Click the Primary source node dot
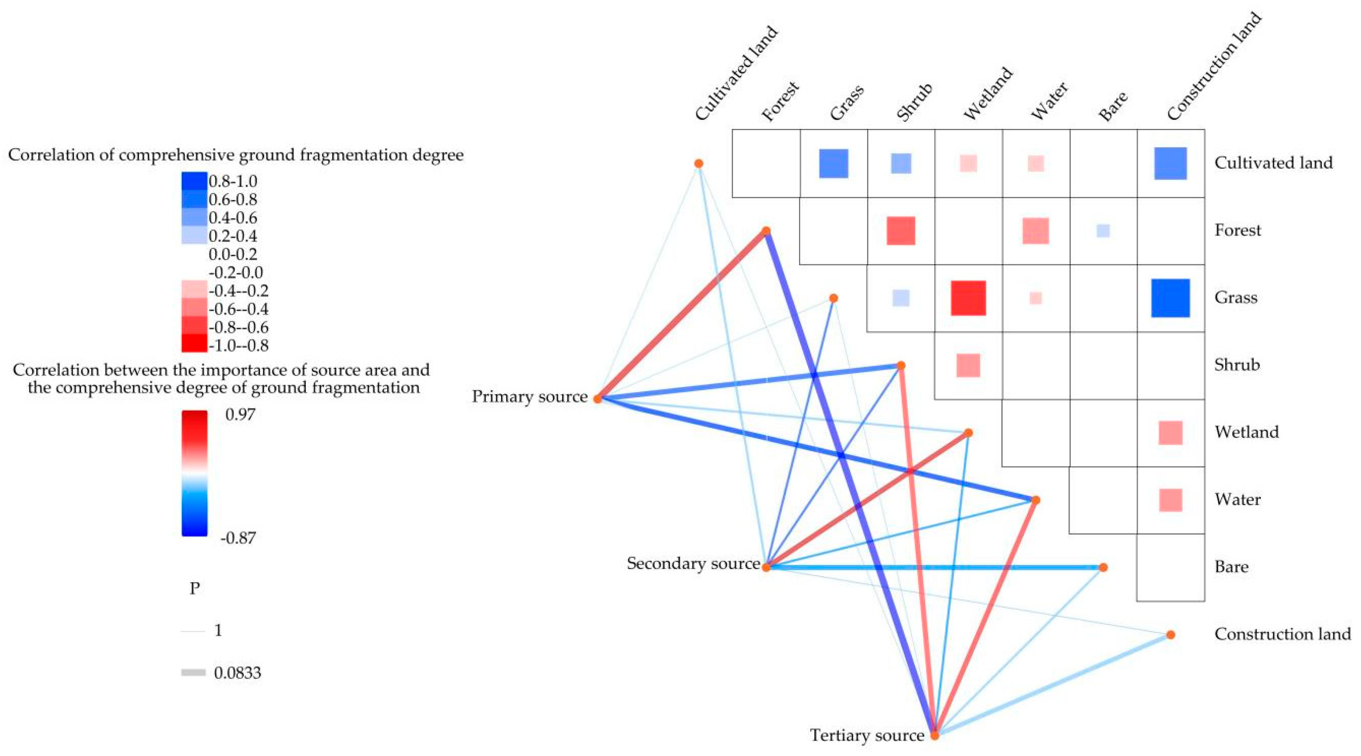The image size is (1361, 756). pyautogui.click(x=598, y=399)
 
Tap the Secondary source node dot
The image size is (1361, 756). pyautogui.click(x=766, y=567)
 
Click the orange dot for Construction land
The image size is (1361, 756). pyautogui.click(x=1170, y=635)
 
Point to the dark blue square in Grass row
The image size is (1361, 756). pyautogui.click(x=1170, y=298)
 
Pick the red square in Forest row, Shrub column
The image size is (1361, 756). pyautogui.click(x=900, y=231)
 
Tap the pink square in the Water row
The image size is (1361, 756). pyautogui.click(x=1170, y=500)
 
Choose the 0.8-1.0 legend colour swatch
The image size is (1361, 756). pyautogui.click(x=194, y=181)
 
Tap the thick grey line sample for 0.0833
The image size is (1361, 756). pyautogui.click(x=193, y=673)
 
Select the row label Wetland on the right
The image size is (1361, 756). pyautogui.click(x=1246, y=432)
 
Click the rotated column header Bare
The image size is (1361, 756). pyautogui.click(x=1113, y=105)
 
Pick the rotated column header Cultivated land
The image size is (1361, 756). pyautogui.click(x=736, y=74)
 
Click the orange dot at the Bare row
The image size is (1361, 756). pyautogui.click(x=1103, y=567)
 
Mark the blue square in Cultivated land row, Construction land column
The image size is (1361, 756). pyautogui.click(x=1170, y=163)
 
